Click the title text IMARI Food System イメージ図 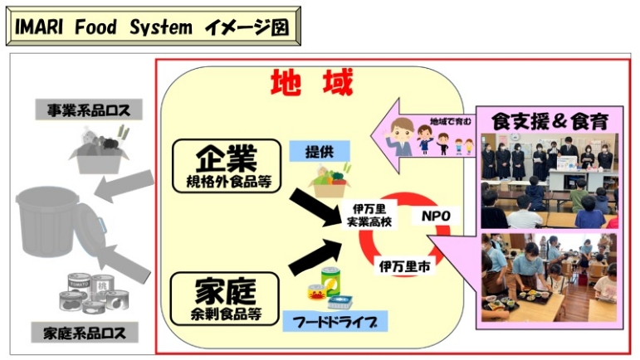point(152,27)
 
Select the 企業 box point(224,164)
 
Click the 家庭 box point(224,299)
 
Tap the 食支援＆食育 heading point(549,120)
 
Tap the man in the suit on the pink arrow point(399,135)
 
